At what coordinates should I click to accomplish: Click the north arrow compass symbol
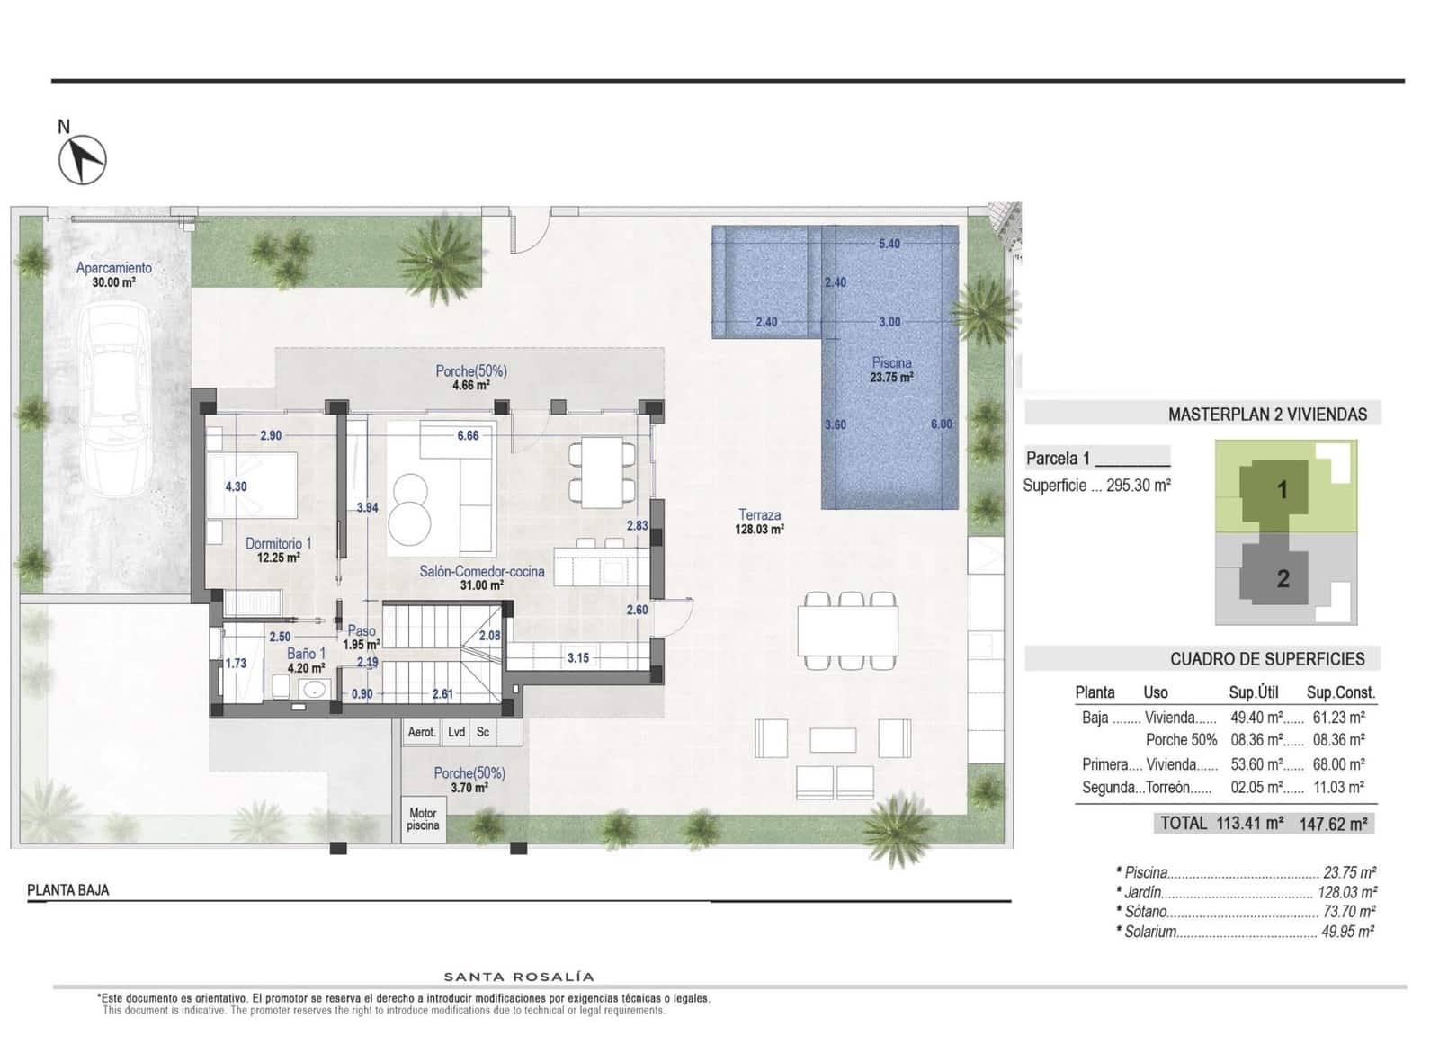click(83, 159)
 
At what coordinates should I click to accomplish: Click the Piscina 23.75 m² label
click(891, 370)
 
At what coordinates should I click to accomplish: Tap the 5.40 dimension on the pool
click(889, 244)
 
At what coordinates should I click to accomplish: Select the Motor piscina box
click(423, 818)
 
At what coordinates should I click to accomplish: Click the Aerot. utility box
click(421, 732)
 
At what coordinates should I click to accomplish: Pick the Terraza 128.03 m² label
click(759, 522)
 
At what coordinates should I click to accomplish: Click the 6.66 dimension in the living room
click(468, 435)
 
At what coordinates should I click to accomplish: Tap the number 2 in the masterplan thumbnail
click(1283, 578)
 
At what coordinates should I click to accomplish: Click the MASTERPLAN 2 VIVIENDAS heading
click(1266, 415)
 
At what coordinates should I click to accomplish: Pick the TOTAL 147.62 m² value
click(1333, 823)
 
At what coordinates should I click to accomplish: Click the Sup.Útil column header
click(1253, 692)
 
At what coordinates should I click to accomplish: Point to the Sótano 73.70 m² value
click(1348, 912)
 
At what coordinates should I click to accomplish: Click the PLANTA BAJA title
click(68, 890)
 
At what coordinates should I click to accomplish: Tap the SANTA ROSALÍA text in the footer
click(519, 977)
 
